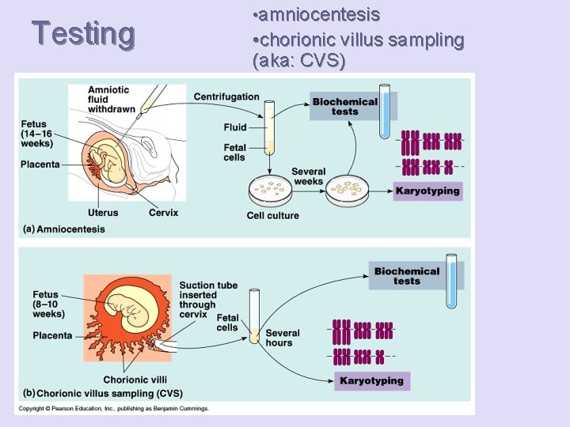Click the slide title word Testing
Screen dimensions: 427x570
pyautogui.click(x=83, y=33)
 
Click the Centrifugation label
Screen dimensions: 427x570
pyautogui.click(x=226, y=97)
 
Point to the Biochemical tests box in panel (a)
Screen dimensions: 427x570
pyautogui.click(x=345, y=107)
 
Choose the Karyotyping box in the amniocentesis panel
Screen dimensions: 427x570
pyautogui.click(x=427, y=191)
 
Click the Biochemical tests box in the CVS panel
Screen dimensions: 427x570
pyautogui.click(x=407, y=276)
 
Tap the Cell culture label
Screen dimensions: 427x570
pyautogui.click(x=273, y=215)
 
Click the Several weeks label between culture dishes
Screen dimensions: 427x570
pyautogui.click(x=308, y=176)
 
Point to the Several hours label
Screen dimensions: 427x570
pyautogui.click(x=283, y=338)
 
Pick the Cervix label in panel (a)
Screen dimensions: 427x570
pyautogui.click(x=163, y=213)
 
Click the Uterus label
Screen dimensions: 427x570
pyautogui.click(x=104, y=213)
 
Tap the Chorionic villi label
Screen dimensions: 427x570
pyautogui.click(x=135, y=380)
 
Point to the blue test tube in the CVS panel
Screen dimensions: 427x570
pyautogui.click(x=451, y=281)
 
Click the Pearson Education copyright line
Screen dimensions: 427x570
pyautogui.click(x=115, y=409)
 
